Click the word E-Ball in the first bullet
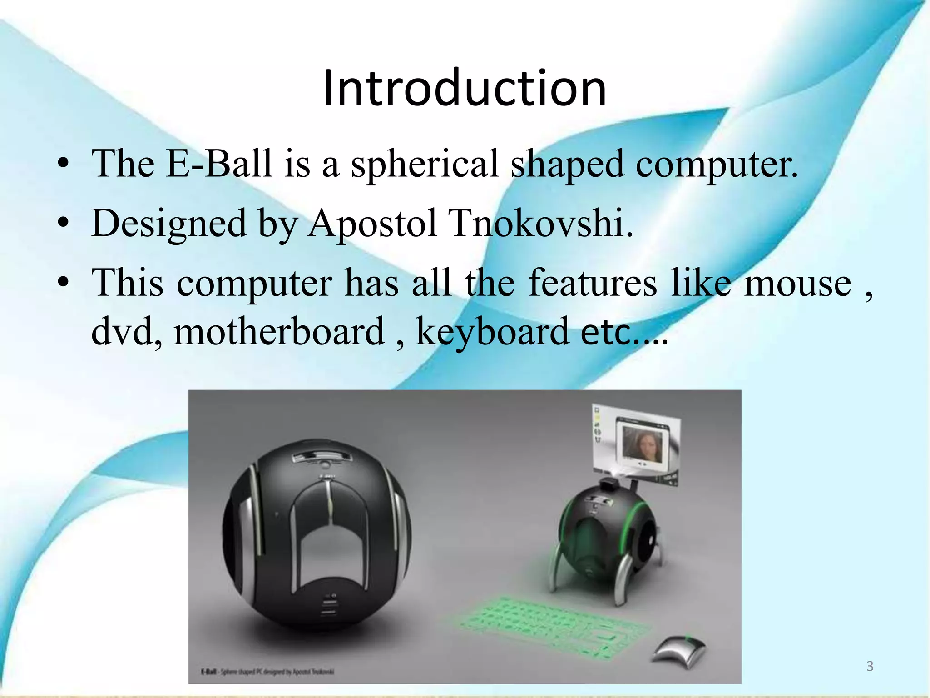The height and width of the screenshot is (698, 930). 219,164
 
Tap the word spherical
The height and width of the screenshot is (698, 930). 425,165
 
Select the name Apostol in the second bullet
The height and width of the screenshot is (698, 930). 372,224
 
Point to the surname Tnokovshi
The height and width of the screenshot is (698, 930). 540,224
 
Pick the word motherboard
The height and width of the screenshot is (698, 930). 279,332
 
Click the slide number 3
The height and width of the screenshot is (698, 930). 870,666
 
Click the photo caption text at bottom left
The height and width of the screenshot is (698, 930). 267,671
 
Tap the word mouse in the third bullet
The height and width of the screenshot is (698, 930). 797,284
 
